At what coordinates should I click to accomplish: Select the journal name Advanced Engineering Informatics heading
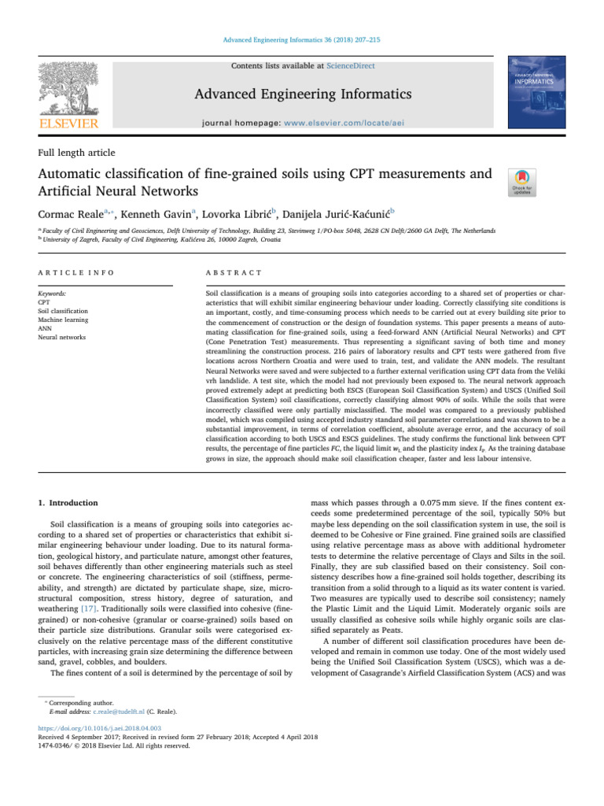(302, 95)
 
